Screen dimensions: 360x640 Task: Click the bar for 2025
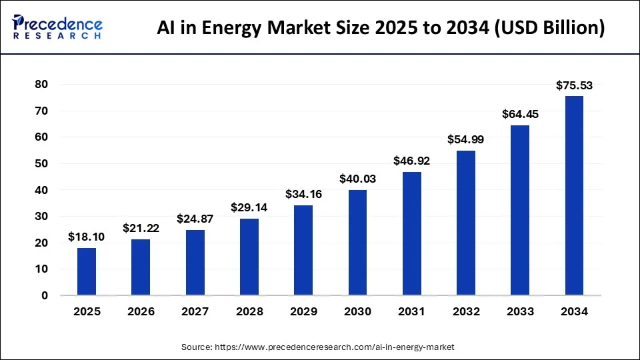(x=87, y=271)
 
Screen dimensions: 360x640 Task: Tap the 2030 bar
(x=357, y=243)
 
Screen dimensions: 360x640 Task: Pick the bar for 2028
(x=249, y=257)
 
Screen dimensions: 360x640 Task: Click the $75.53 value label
(x=574, y=85)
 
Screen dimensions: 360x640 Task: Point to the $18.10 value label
(x=87, y=237)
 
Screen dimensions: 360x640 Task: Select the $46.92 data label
(x=411, y=160)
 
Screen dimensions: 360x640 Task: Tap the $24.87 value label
(x=195, y=219)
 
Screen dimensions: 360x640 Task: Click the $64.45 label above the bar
(x=520, y=114)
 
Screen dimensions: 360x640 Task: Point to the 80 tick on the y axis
(x=42, y=85)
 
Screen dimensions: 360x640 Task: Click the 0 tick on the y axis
(x=45, y=295)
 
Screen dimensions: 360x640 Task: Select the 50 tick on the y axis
(x=42, y=163)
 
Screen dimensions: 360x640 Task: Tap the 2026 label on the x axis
(x=141, y=311)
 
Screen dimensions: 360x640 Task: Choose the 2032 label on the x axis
(x=465, y=311)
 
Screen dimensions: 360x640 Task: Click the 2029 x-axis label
(x=303, y=311)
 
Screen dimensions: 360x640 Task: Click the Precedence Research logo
(x=57, y=27)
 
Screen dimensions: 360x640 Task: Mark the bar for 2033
(x=520, y=210)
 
